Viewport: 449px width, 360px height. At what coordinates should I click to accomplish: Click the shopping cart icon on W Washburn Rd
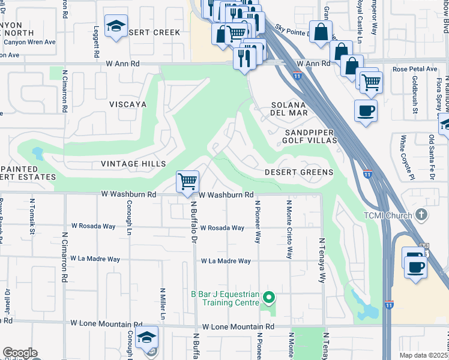tap(188, 181)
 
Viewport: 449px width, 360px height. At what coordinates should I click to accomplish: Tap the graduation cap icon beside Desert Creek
tap(116, 26)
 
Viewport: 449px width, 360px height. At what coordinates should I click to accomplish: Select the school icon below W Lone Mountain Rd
tap(146, 338)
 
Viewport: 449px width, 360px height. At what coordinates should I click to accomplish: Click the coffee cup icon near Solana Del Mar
tap(365, 110)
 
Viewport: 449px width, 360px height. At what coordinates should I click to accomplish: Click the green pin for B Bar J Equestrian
tap(270, 297)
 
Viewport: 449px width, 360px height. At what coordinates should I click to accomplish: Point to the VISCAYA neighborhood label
tap(128, 104)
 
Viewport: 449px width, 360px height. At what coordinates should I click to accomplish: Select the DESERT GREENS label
tap(299, 172)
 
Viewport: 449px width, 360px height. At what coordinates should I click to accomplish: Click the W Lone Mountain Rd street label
tap(238, 327)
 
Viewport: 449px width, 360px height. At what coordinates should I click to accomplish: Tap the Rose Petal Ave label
tap(415, 69)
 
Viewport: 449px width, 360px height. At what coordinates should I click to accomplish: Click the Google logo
tap(20, 353)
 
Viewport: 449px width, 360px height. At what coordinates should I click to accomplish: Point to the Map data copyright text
tap(423, 355)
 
